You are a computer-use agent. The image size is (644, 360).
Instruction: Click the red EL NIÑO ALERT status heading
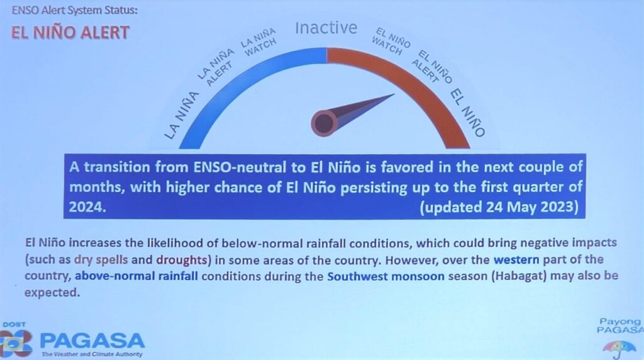70,33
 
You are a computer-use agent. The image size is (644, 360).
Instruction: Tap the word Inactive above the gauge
326,28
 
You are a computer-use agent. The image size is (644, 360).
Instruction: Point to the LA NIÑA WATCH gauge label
258,42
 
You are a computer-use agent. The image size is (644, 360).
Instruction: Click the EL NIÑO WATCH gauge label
391,42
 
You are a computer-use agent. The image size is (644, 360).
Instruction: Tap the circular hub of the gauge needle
324,123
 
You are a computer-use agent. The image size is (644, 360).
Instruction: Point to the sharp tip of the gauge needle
395,94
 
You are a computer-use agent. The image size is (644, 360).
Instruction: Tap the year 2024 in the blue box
87,206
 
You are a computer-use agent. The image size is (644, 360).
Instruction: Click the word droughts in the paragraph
181,260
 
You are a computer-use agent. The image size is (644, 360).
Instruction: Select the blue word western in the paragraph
516,260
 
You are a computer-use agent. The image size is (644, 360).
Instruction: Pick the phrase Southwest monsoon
386,276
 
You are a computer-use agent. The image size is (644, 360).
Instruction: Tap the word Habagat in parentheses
519,276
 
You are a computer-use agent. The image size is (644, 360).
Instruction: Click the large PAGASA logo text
92,341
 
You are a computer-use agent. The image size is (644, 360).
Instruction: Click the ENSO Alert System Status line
74,10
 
